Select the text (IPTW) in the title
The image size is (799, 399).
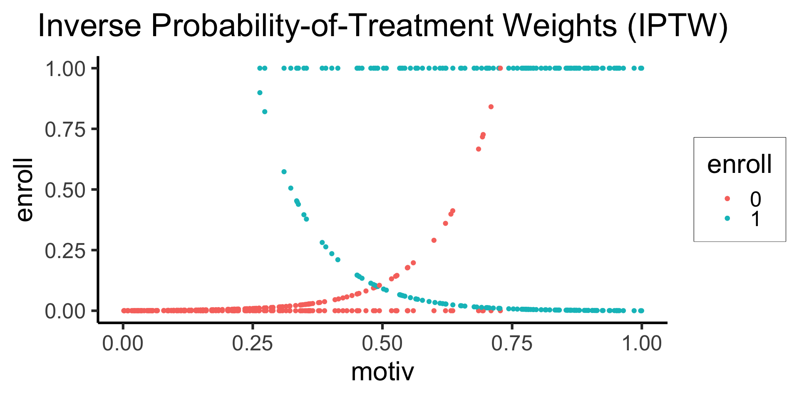[x=677, y=27]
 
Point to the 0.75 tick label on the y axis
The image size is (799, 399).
[x=65, y=129]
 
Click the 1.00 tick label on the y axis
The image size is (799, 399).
[x=65, y=69]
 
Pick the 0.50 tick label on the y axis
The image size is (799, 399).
[x=65, y=190]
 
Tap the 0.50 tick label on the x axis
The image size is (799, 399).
[x=382, y=344]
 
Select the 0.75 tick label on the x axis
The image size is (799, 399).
[x=512, y=344]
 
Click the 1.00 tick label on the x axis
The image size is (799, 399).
[x=641, y=344]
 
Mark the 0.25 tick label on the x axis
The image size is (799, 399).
[x=253, y=344]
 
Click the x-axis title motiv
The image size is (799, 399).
[x=382, y=372]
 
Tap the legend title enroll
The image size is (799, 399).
[x=739, y=164]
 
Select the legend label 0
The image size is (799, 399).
[x=755, y=199]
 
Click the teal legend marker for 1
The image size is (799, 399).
[x=727, y=218]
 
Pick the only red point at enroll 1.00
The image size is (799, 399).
[x=500, y=68]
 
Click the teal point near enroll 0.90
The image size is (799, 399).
[x=260, y=93]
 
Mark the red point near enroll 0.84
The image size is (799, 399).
[x=491, y=107]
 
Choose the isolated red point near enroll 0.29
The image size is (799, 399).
[x=434, y=240]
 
